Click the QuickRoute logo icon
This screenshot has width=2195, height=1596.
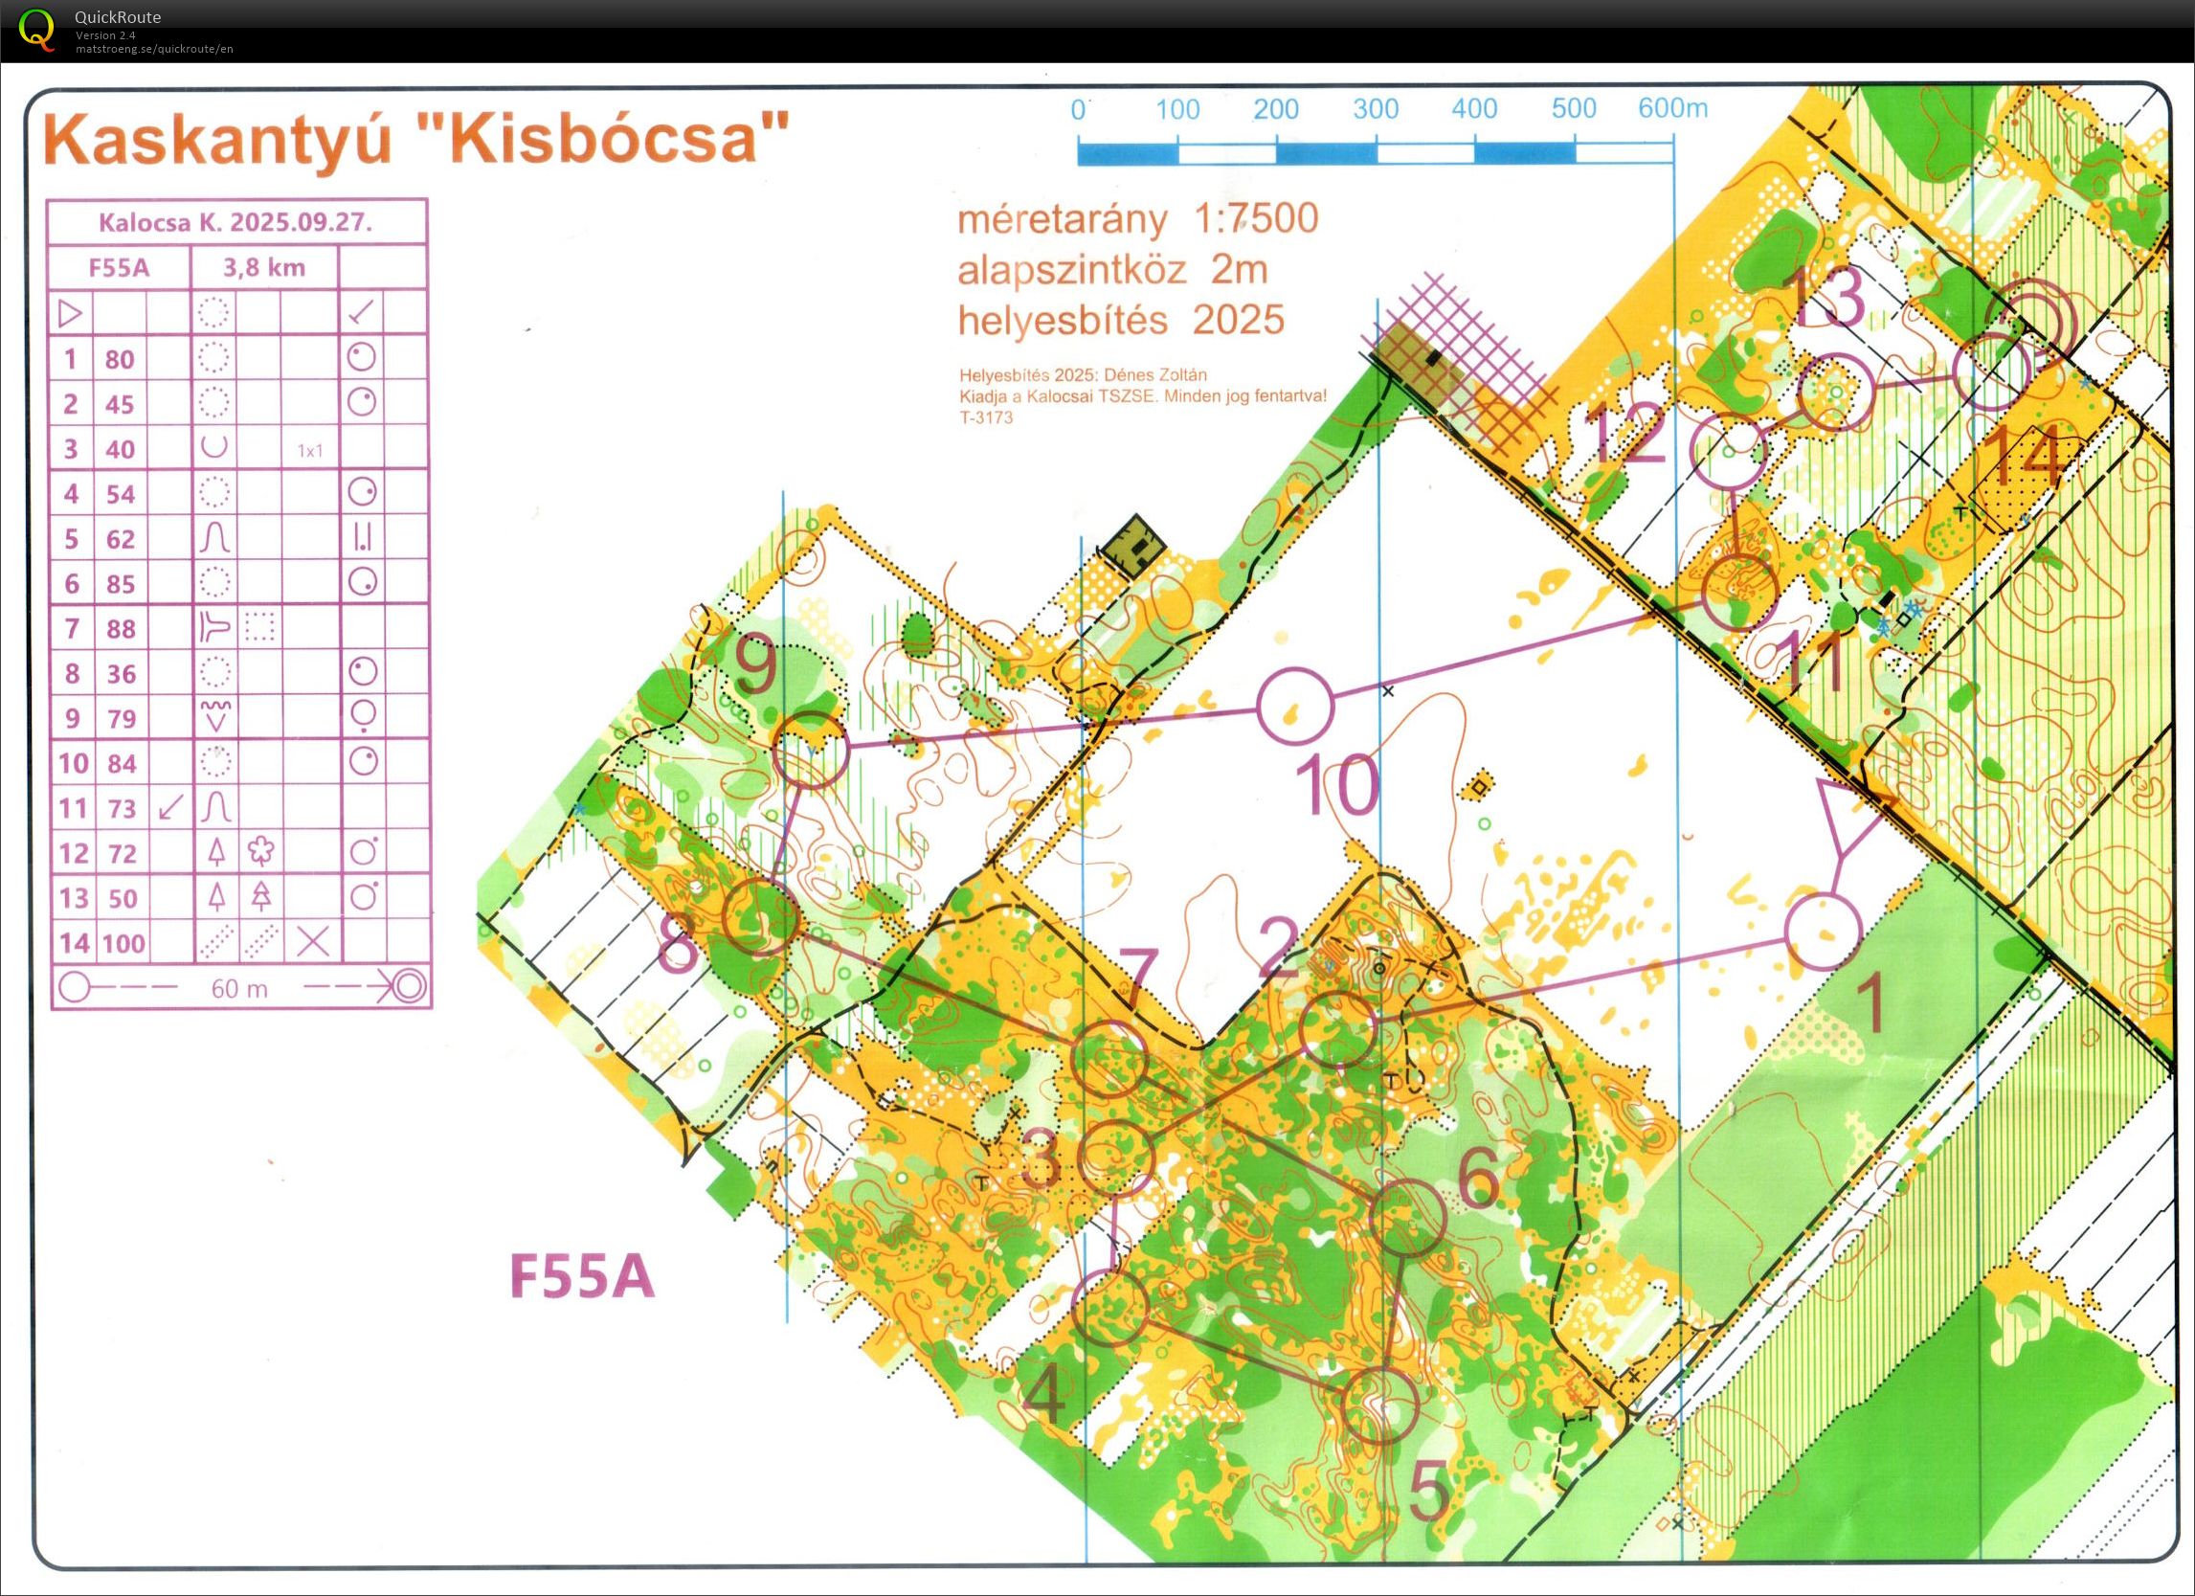tap(35, 28)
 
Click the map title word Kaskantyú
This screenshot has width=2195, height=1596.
tap(216, 141)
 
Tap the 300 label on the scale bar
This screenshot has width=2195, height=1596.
tap(1376, 109)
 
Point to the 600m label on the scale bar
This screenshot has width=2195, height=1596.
tap(1671, 107)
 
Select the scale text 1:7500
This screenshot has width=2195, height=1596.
tap(1256, 218)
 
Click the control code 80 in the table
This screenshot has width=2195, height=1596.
tap(120, 359)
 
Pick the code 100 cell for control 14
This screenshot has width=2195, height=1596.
tap(123, 943)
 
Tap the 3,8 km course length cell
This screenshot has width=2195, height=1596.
tap(264, 266)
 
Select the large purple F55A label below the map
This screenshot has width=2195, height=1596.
tap(582, 1276)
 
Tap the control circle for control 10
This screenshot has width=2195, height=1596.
tap(1295, 706)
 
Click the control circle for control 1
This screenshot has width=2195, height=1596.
tap(1823, 932)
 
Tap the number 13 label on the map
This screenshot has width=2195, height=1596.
tap(1825, 297)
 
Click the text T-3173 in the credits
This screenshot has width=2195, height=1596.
tap(985, 417)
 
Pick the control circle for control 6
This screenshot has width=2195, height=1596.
tap(1407, 1219)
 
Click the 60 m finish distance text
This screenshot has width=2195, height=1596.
tap(239, 988)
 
